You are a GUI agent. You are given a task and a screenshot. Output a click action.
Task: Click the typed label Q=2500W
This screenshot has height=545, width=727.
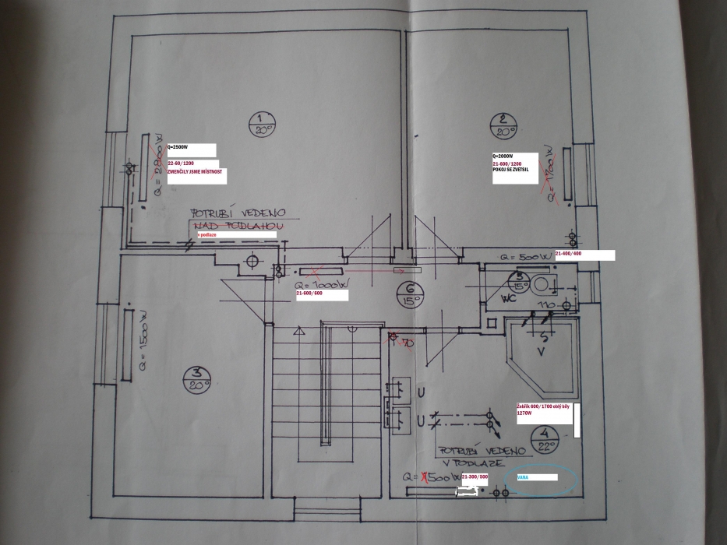pyautogui.click(x=178, y=147)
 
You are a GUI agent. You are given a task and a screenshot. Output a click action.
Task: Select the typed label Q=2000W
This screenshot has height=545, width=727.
pyautogui.click(x=503, y=156)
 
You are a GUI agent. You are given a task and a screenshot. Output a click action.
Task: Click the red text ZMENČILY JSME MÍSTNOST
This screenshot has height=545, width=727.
pyautogui.click(x=195, y=171)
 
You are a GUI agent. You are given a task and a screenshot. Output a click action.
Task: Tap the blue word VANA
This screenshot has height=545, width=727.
pyautogui.click(x=523, y=476)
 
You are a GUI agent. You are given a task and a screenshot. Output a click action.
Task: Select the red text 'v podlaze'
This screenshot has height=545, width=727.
pyautogui.click(x=206, y=234)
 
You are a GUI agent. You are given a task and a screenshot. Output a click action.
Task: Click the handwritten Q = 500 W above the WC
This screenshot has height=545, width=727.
pyautogui.click(x=526, y=255)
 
